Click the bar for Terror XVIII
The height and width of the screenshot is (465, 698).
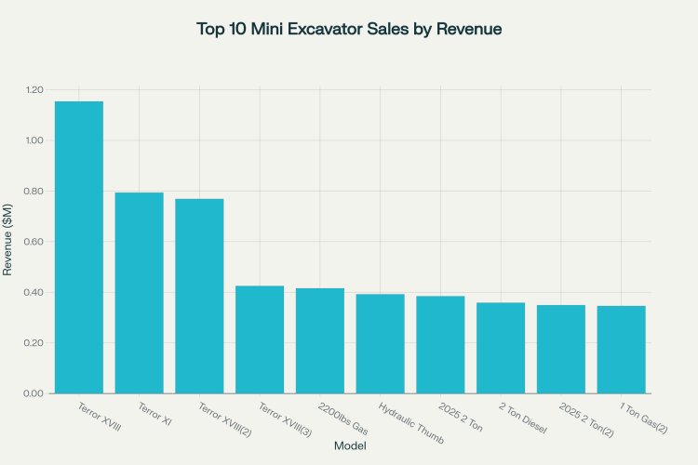(79, 247)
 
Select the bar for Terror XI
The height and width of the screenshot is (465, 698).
(139, 293)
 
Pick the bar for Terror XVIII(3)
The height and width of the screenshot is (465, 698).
(260, 339)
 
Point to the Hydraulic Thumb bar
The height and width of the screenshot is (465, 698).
(380, 343)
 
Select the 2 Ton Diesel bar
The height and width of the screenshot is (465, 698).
(501, 348)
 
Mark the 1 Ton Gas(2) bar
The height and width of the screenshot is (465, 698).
(621, 350)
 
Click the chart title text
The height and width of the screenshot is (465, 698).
(349, 29)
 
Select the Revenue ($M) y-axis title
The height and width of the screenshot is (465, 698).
(8, 242)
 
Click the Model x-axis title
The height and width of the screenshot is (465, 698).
(349, 447)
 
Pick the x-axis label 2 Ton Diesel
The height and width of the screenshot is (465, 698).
(523, 418)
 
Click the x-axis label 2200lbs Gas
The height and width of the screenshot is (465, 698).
(342, 418)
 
